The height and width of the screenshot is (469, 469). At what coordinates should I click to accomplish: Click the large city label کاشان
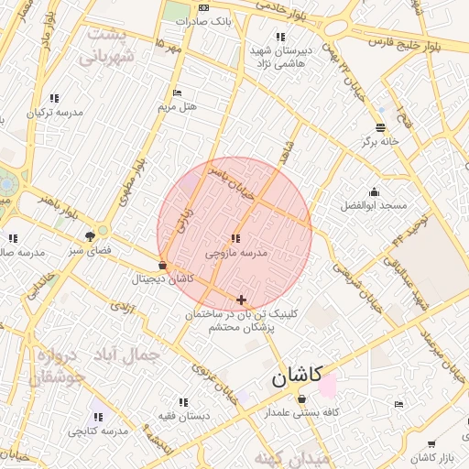click(x=296, y=376)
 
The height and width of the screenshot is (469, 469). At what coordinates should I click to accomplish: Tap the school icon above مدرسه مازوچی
click(x=237, y=238)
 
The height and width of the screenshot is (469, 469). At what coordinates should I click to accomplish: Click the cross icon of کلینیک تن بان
click(x=241, y=300)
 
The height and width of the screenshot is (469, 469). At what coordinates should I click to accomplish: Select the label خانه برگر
click(x=380, y=142)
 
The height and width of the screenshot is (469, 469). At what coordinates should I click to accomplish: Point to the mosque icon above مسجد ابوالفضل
click(x=374, y=191)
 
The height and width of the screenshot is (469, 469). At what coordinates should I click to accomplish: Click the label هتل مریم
click(x=178, y=106)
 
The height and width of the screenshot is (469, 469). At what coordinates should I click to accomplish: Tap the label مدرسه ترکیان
click(x=54, y=112)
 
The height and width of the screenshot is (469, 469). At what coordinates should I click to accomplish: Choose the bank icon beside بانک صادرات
click(x=203, y=7)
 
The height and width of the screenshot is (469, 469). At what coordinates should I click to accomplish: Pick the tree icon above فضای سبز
click(x=90, y=235)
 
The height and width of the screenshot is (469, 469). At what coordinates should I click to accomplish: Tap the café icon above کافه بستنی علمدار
click(x=301, y=398)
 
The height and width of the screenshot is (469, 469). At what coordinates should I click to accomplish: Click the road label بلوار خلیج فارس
click(x=407, y=43)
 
